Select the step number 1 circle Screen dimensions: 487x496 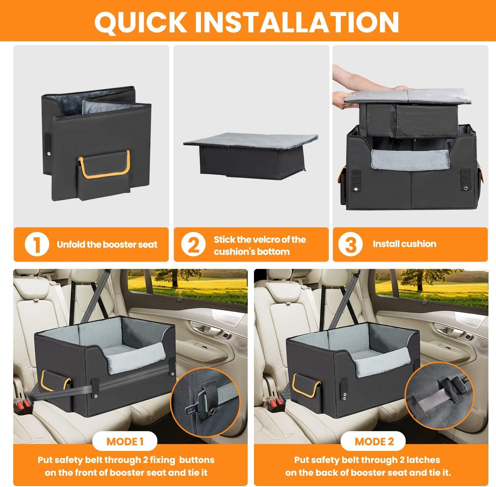pyautogui.click(x=37, y=245)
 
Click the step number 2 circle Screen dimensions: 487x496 pyautogui.click(x=193, y=245)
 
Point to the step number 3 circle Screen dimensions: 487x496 pyautogui.click(x=350, y=245)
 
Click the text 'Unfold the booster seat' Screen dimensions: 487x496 pyautogui.click(x=107, y=245)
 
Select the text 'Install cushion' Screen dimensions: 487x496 pyautogui.click(x=404, y=244)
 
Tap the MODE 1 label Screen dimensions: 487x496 pyautogui.click(x=125, y=441)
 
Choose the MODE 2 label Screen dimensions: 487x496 pyautogui.click(x=374, y=441)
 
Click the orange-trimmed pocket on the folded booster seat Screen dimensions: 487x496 pyautogui.click(x=104, y=173)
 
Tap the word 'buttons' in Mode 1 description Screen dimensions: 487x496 pyautogui.click(x=197, y=460)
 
